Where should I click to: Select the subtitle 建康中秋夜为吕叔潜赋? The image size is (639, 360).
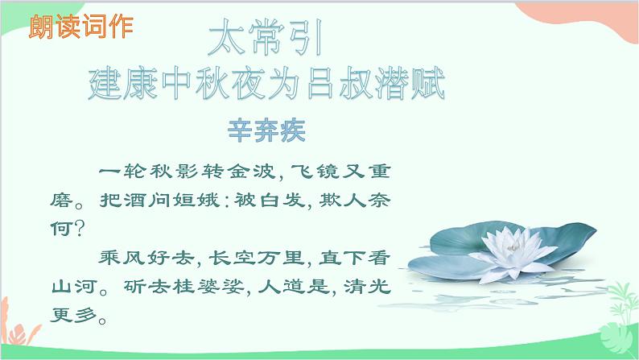tap(266, 85)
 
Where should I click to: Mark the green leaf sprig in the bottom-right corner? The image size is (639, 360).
tap(615, 310)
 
